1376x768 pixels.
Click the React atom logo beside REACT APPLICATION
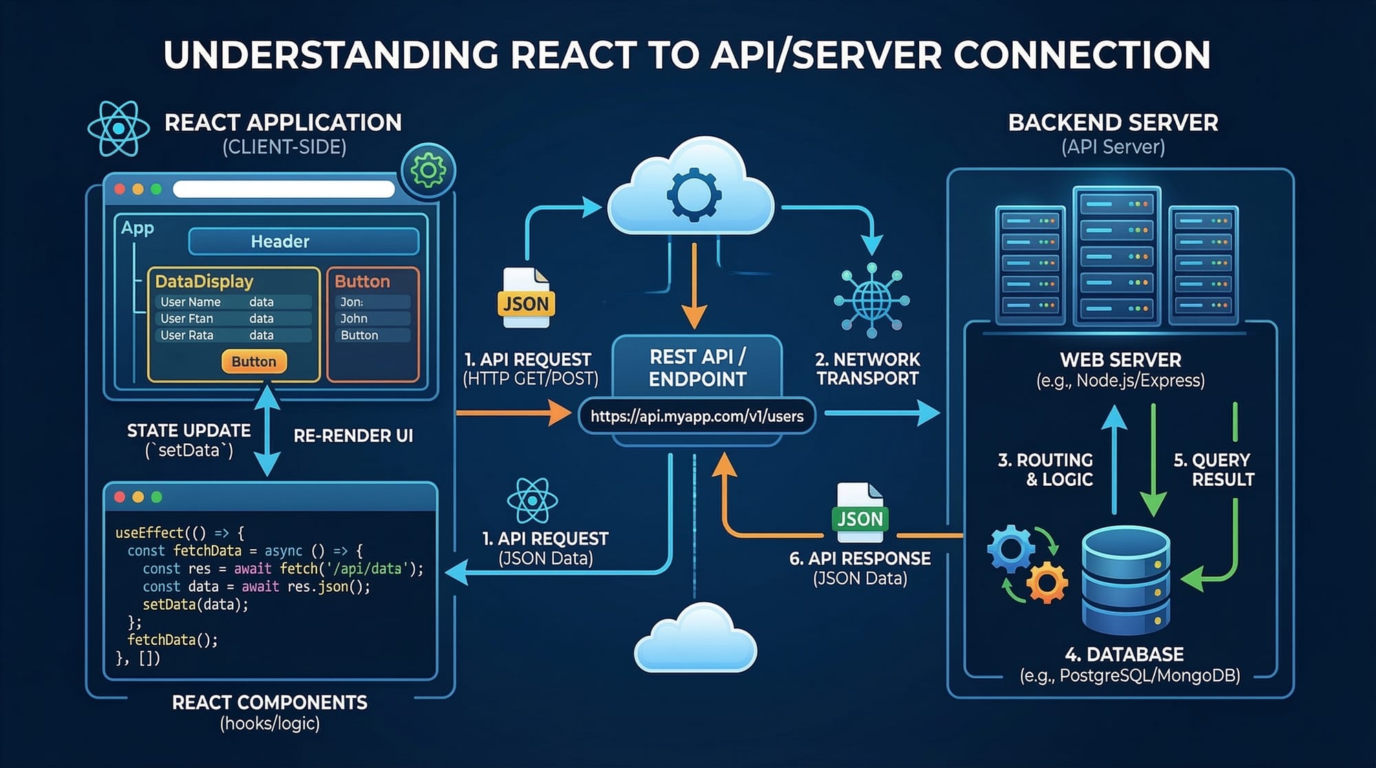coord(118,129)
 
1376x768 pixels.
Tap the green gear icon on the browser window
coord(428,170)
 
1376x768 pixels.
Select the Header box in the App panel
coord(303,242)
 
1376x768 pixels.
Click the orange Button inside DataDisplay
coord(254,361)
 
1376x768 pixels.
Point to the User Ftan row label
coord(186,319)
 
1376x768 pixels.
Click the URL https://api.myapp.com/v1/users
coord(697,416)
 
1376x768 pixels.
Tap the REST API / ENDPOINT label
coord(697,368)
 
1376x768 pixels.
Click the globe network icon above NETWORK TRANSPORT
coord(872,300)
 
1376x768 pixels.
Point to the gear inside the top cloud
coord(694,195)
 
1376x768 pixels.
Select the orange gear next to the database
coord(1046,582)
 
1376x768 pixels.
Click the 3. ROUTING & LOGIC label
coord(1046,469)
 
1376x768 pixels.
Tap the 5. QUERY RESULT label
coord(1214,469)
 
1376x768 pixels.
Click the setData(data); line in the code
coord(195,605)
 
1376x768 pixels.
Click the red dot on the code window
coord(120,497)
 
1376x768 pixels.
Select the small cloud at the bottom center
coord(695,639)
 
